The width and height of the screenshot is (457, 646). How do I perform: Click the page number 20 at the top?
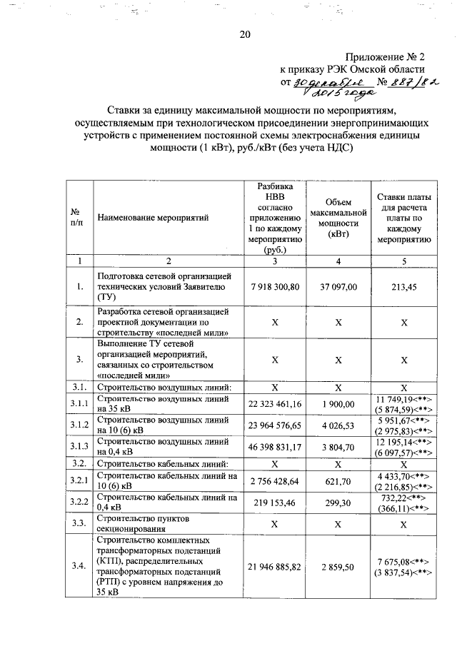[246, 34]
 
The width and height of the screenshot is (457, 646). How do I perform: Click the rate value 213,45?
[403, 286]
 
